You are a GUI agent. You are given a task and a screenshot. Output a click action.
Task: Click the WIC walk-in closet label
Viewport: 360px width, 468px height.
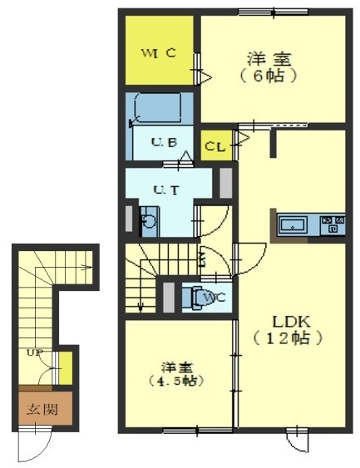158,54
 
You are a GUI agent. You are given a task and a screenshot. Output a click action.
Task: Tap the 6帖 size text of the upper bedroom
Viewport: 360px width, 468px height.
269,76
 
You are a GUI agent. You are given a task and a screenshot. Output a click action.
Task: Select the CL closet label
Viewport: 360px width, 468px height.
215,146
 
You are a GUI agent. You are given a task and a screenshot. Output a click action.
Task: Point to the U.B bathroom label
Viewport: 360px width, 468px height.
164,142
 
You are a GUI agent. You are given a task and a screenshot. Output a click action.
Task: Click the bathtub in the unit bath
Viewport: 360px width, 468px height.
159,107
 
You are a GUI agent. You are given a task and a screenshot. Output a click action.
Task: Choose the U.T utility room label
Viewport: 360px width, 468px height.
166,190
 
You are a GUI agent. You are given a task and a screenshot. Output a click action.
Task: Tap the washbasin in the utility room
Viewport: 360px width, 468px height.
149,221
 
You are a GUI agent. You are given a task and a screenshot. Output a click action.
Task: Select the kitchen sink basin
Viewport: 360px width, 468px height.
293,224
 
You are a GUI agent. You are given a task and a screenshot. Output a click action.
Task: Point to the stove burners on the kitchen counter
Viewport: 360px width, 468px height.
333,224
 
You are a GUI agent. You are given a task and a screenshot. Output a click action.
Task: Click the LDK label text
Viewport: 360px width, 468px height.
291,322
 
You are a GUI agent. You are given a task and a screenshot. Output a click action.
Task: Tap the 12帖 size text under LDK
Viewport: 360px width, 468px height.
288,338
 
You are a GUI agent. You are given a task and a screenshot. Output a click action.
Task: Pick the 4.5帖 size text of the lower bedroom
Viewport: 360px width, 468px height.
176,381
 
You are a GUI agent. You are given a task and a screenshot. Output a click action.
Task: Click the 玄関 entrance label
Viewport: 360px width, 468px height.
42,410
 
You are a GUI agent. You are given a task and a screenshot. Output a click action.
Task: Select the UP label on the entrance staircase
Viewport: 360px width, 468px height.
35,352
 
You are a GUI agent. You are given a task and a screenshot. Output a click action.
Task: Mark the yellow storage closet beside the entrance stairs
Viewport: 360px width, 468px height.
66,368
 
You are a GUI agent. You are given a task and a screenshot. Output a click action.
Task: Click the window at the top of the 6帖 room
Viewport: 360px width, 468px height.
274,12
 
